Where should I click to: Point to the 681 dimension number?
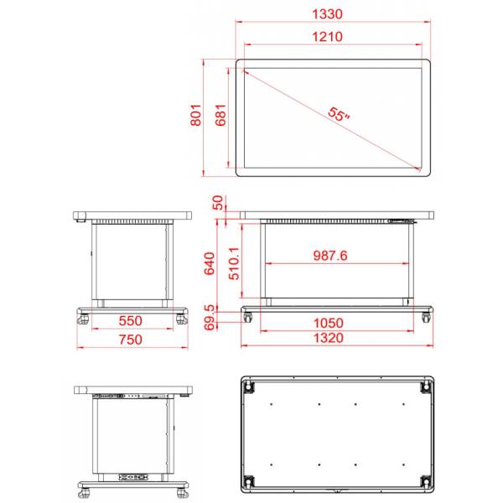(x=221, y=117)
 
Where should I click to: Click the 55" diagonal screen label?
(x=339, y=115)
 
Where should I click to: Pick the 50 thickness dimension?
(x=218, y=203)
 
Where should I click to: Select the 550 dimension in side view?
(x=130, y=320)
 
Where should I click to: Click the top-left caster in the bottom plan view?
(x=249, y=386)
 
